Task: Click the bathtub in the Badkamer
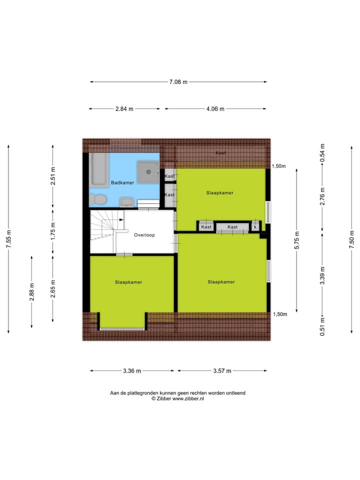tap(98, 169)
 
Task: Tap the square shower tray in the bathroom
tap(148, 172)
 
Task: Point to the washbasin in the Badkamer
tap(126, 201)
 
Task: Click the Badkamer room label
tap(122, 183)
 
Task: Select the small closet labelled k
tap(255, 227)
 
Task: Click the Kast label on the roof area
tap(220, 152)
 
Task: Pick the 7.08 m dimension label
tap(178, 82)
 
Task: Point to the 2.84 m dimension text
tap(124, 109)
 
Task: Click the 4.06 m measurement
tap(215, 109)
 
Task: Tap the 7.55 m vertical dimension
tap(8, 239)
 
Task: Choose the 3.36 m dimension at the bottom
tap(132, 371)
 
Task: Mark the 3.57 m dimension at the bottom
tap(222, 371)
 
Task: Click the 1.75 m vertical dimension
tap(53, 231)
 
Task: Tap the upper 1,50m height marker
tap(278, 166)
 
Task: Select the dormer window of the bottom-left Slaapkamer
tap(122, 328)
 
